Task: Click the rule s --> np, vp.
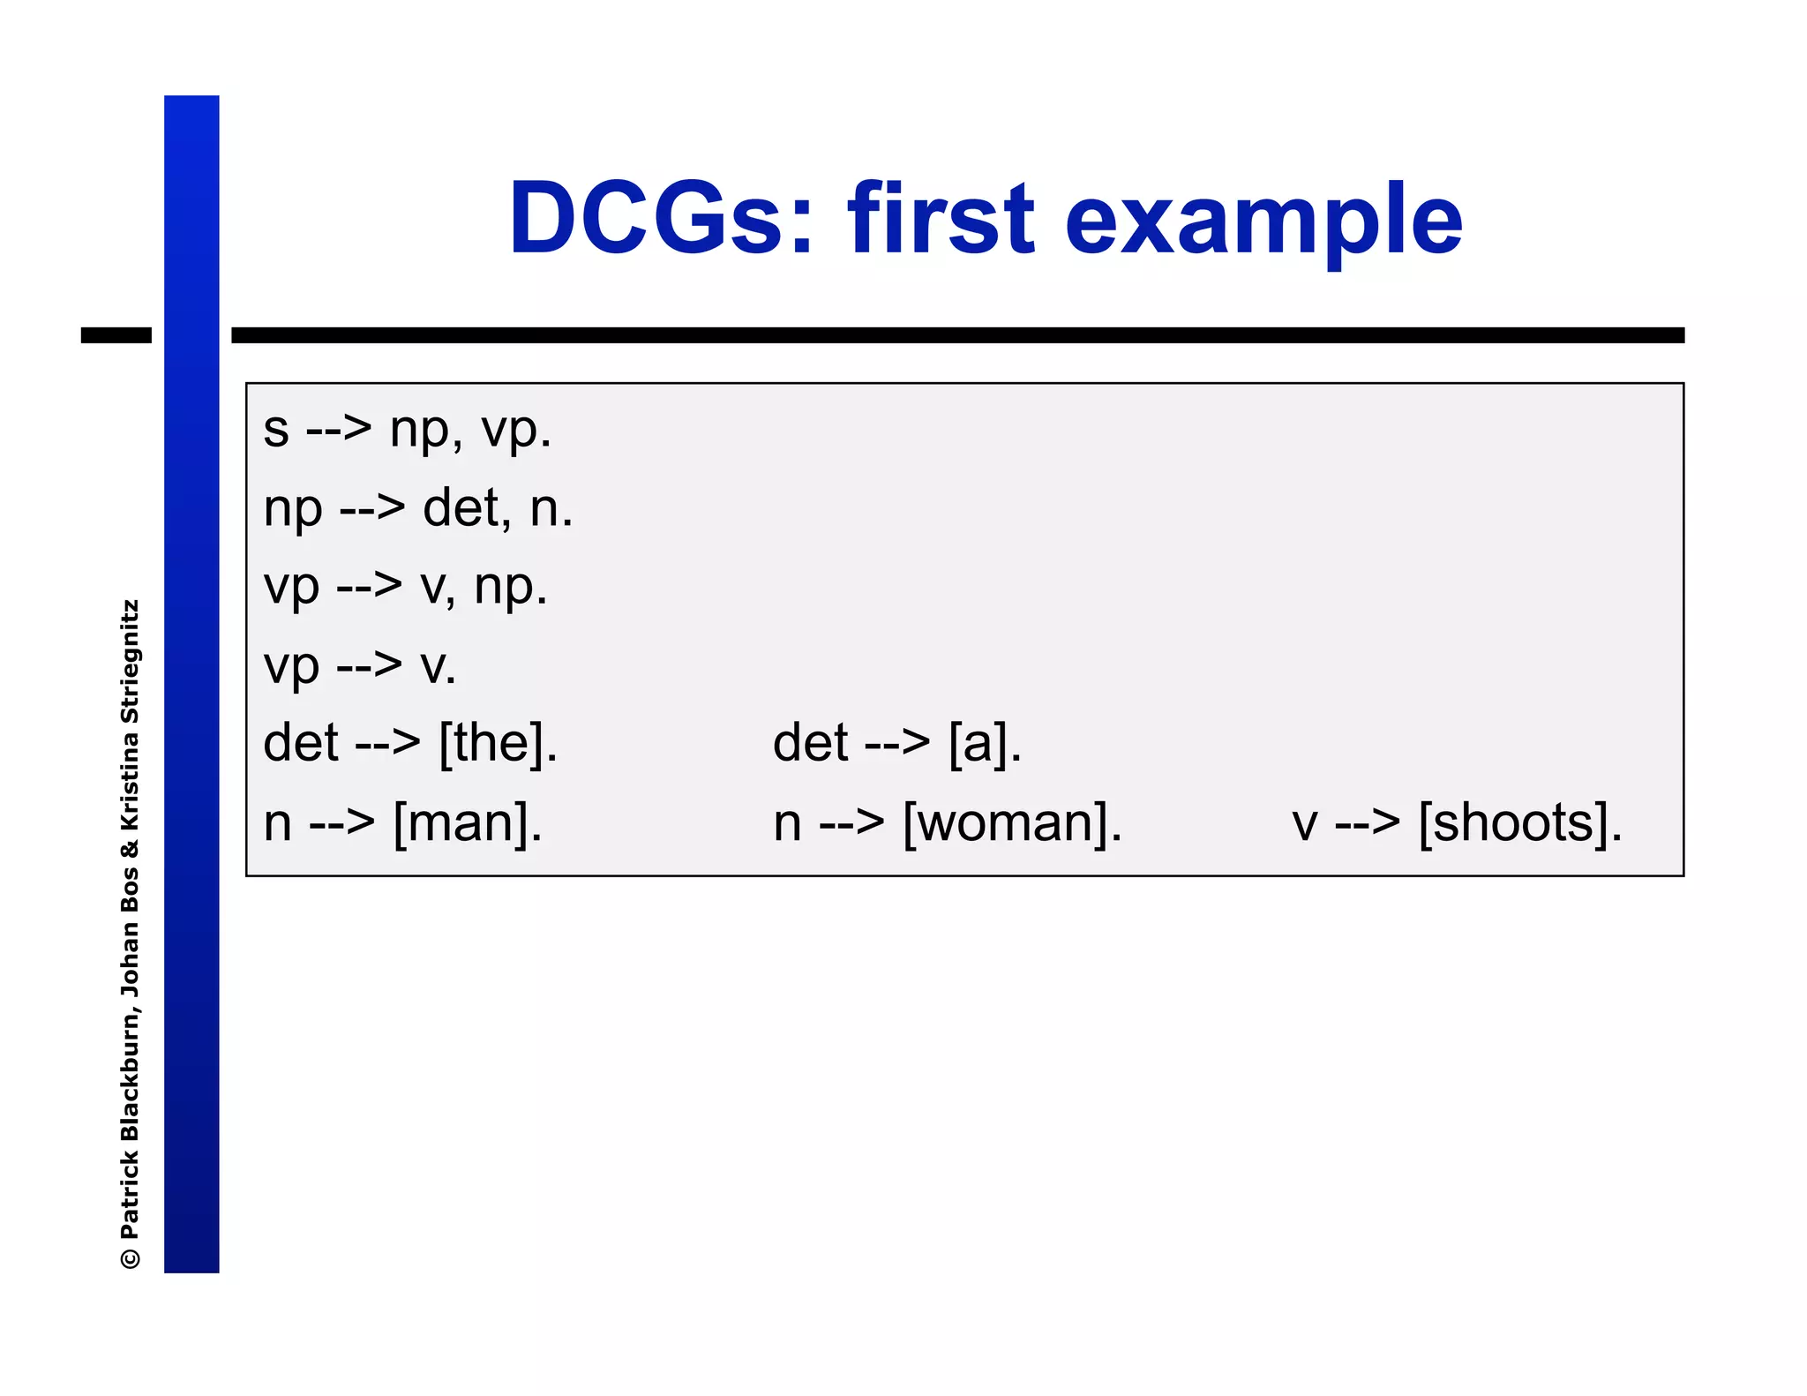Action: [407, 431]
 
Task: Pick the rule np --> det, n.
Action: [418, 509]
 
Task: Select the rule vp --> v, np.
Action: [405, 587]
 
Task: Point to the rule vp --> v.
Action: [360, 665]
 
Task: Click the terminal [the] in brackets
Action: [498, 743]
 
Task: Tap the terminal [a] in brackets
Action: [985, 743]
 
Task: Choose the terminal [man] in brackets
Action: [467, 823]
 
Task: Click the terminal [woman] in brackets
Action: [1012, 823]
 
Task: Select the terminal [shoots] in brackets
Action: [1519, 823]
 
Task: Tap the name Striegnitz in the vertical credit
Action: [131, 662]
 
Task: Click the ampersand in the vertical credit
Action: [131, 849]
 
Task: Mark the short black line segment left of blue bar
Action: [116, 335]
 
